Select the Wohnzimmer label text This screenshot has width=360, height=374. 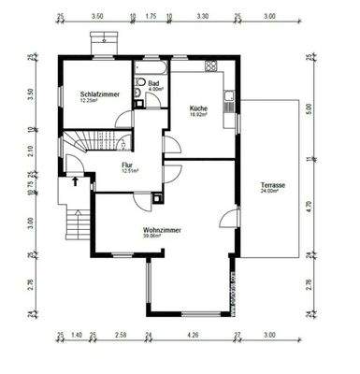[162, 229]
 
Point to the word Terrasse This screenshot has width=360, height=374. [273, 185]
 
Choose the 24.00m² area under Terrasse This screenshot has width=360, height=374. [273, 193]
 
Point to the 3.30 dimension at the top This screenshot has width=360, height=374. [203, 17]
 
